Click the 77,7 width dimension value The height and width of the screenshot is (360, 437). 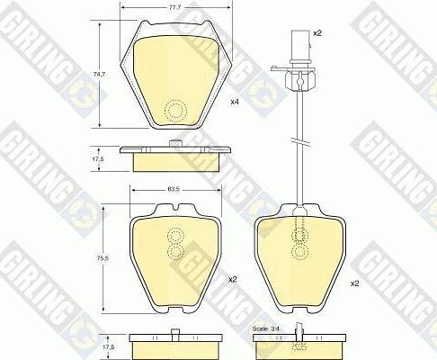[174, 8]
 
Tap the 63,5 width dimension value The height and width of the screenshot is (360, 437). [174, 190]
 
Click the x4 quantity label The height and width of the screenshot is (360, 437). [235, 102]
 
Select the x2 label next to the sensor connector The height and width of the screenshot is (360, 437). [317, 33]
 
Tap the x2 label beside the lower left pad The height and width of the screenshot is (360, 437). [233, 280]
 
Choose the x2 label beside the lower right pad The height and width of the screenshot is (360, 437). [354, 283]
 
